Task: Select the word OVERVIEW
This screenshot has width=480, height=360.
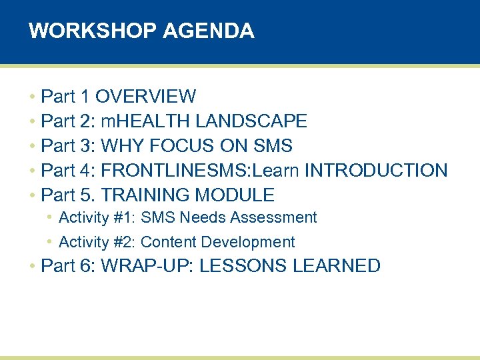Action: click(x=145, y=97)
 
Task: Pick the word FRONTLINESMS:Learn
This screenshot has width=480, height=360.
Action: click(x=200, y=171)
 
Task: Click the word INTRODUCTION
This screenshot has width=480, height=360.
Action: click(x=376, y=171)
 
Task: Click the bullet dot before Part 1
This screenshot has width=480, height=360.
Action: click(x=32, y=97)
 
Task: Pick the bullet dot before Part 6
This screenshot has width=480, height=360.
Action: click(x=32, y=267)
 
